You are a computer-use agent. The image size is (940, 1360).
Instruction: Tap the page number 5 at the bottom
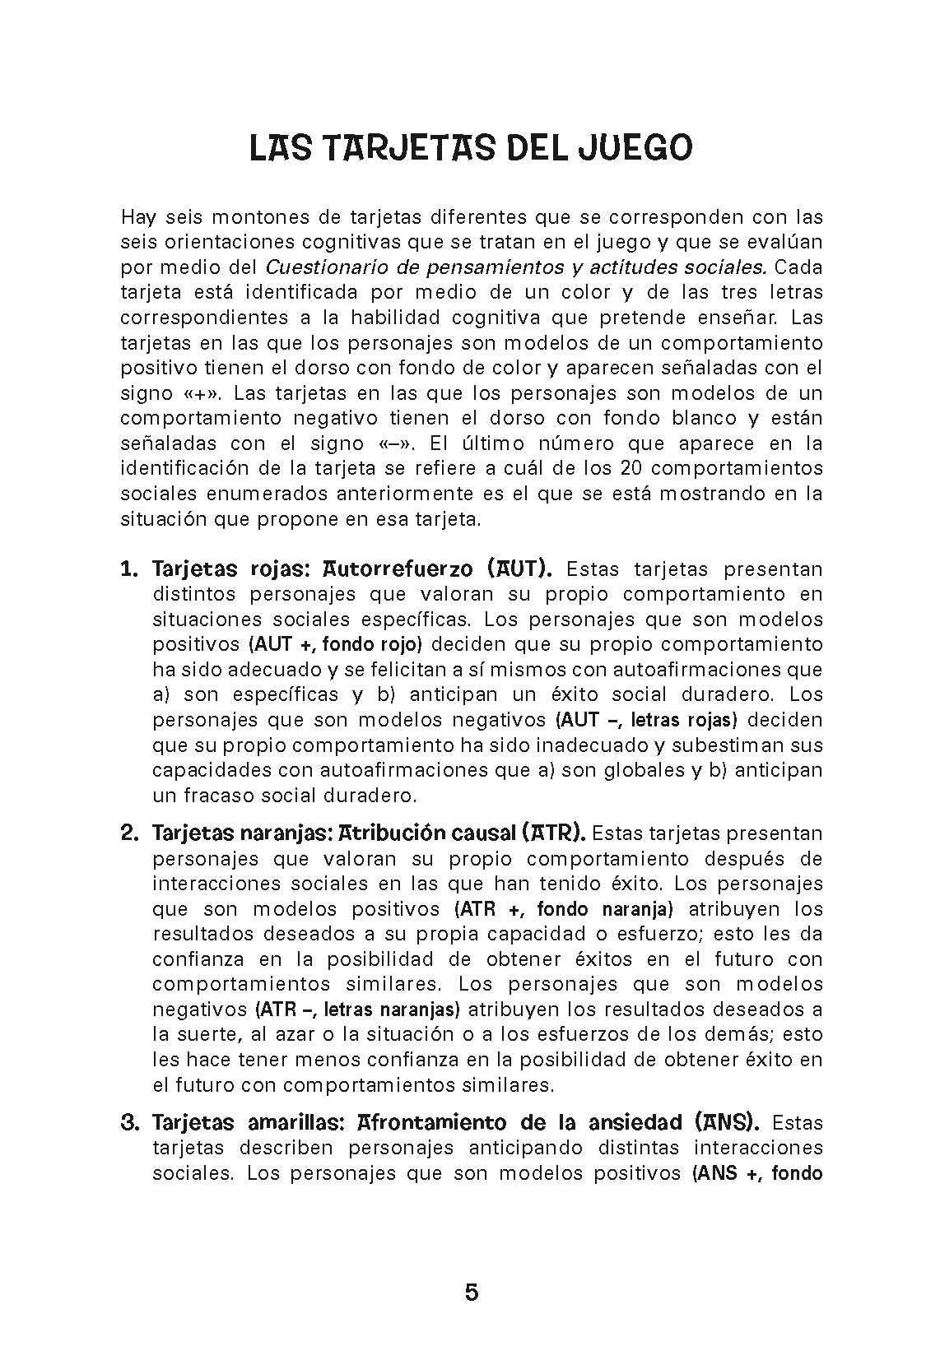pos(471,1293)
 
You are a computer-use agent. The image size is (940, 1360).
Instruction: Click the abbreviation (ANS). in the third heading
pos(727,1122)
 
